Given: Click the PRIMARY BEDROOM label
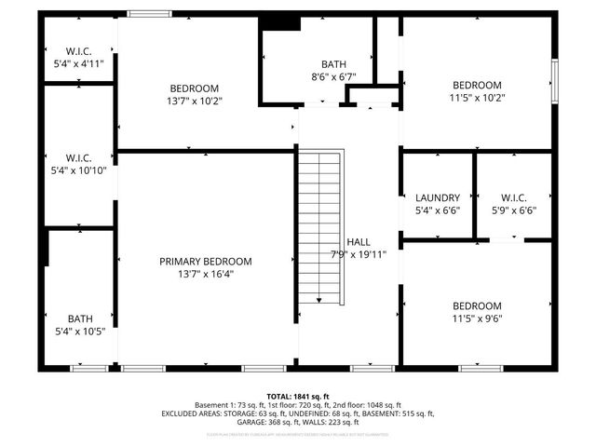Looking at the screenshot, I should (205, 262).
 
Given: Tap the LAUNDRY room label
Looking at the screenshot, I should (437, 197).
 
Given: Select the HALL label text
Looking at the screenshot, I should (358, 241).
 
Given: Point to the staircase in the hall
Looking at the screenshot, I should (319, 224).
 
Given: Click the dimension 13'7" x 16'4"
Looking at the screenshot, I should (205, 275).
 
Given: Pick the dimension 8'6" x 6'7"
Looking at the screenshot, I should (333, 77).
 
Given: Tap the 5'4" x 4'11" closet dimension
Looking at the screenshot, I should (78, 64).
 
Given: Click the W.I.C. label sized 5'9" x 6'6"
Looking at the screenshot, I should (513, 197).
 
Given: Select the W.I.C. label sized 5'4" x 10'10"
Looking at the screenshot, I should (78, 157).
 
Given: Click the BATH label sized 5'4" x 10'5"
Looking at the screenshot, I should (80, 318).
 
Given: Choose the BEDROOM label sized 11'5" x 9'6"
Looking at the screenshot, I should (477, 306).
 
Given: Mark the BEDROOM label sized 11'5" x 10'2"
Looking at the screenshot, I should (477, 82).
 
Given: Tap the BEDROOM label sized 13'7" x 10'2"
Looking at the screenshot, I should (194, 88).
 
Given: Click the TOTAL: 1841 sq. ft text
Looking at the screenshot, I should (298, 396).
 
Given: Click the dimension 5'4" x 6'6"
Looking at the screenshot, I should (437, 210).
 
